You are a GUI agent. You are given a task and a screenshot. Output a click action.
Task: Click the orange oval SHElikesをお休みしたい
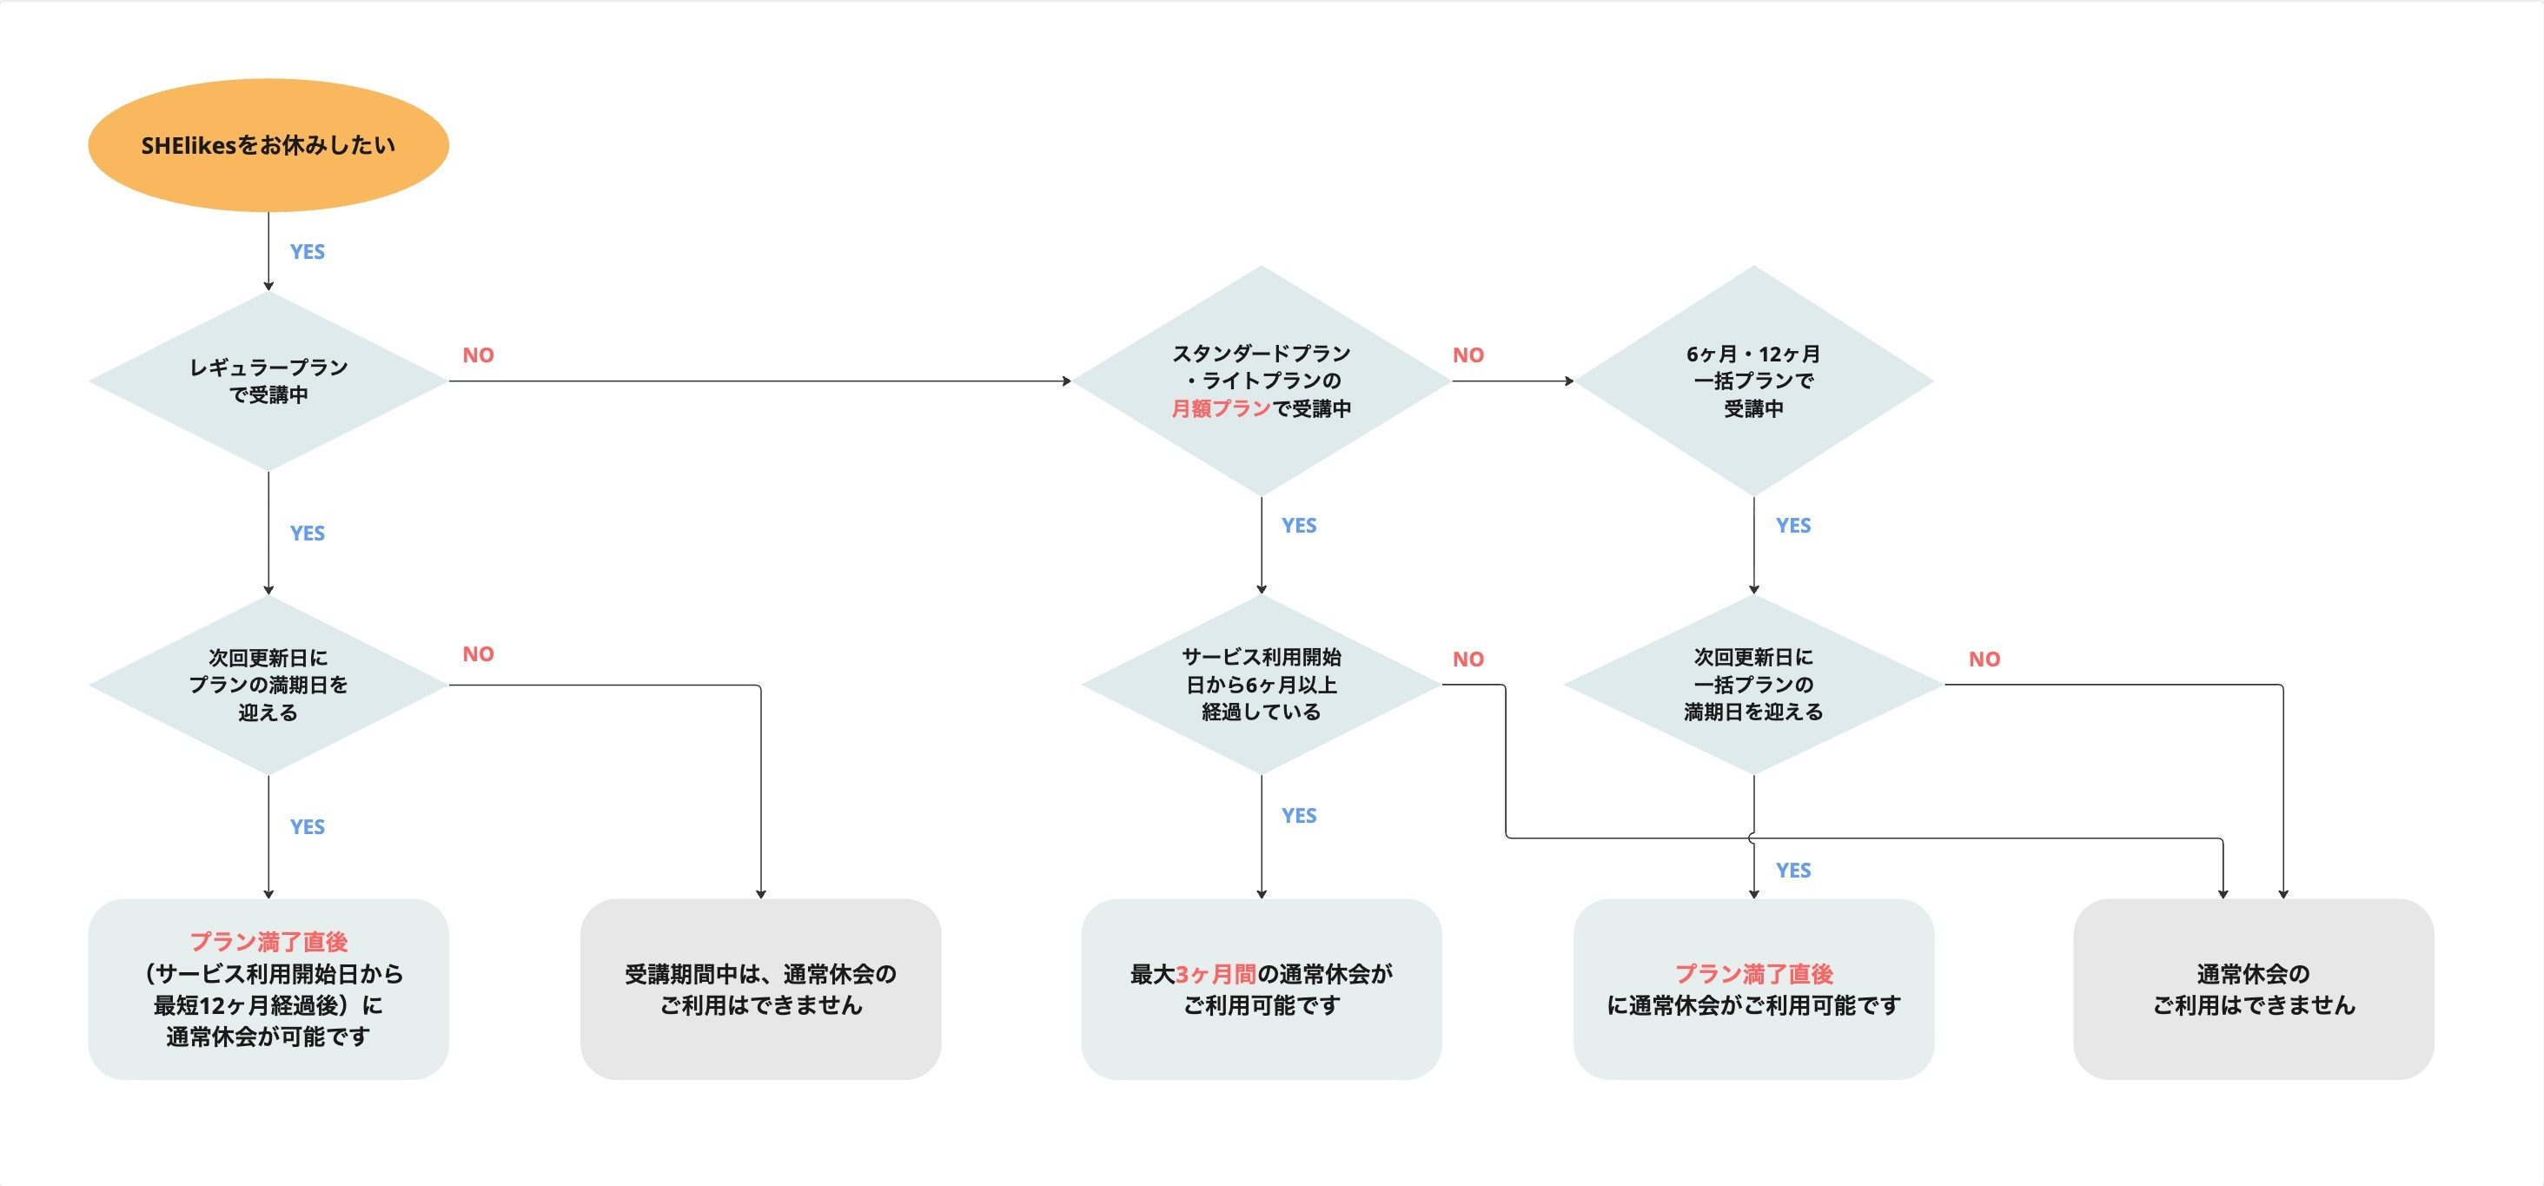click(268, 145)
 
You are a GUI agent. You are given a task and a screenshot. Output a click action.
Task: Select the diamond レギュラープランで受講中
click(268, 381)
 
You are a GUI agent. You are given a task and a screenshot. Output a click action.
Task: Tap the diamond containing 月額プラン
click(1261, 381)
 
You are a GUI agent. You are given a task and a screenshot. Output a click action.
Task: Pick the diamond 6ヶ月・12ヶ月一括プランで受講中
click(1753, 381)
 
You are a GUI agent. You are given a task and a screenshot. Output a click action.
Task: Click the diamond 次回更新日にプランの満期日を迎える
click(268, 685)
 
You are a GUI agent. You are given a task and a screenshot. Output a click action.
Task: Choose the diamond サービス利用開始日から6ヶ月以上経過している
click(1261, 685)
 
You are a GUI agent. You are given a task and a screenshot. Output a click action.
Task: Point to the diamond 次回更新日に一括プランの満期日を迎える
click(1753, 685)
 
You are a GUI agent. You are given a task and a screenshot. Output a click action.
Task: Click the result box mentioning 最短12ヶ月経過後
click(268, 989)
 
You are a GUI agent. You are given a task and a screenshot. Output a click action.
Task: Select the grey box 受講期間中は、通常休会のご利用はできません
click(760, 989)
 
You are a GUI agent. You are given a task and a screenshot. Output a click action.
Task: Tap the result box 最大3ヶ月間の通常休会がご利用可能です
click(1261, 989)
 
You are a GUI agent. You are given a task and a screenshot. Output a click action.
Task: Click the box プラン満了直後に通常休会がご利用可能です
click(1753, 989)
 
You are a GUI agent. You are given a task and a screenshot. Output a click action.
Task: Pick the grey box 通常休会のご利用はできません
click(2253, 989)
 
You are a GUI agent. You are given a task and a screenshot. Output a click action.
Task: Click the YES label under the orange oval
click(307, 252)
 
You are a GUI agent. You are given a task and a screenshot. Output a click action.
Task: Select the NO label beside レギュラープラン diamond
click(478, 355)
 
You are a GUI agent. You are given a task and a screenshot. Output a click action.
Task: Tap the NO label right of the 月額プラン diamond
click(1467, 355)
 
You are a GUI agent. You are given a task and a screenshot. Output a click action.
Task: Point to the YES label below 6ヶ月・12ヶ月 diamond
click(1792, 526)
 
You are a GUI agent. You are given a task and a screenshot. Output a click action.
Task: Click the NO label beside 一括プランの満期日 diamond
click(1984, 659)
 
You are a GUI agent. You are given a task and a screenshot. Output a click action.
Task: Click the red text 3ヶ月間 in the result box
click(1215, 975)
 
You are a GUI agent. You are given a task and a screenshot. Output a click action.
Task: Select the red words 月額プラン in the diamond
click(1221, 409)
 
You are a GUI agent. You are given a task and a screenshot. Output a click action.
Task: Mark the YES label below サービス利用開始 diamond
click(1299, 816)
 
